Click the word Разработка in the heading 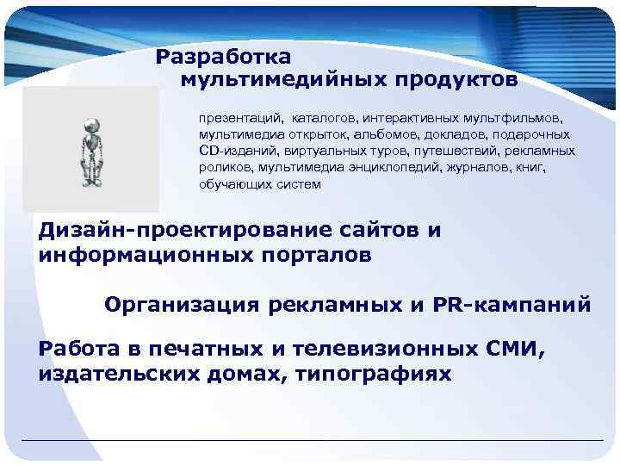224,57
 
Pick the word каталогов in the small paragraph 324,115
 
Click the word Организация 184,304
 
